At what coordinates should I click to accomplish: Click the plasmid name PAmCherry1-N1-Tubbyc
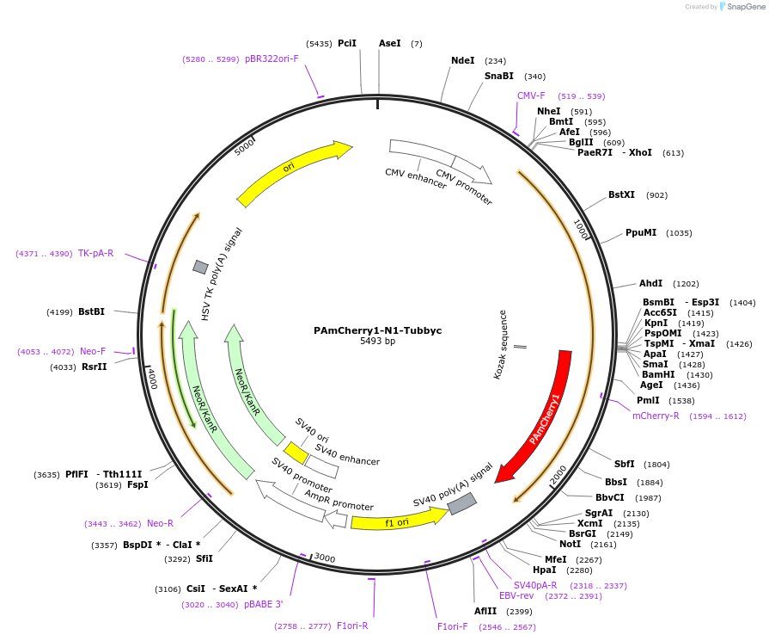point(378,330)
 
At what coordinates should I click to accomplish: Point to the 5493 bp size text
point(378,342)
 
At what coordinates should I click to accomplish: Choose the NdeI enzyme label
point(462,61)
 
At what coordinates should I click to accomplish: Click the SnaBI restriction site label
point(498,76)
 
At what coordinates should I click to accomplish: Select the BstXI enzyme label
point(621,195)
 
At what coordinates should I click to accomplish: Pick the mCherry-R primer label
point(656,416)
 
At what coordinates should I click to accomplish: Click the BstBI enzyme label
point(91,311)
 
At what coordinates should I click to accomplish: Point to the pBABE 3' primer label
point(263,604)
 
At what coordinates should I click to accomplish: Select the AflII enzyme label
point(485,611)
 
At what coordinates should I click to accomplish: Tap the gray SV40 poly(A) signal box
point(462,504)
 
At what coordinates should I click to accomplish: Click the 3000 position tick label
point(325,558)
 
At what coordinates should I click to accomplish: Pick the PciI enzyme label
point(347,43)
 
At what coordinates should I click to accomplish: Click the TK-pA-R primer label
point(95,253)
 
